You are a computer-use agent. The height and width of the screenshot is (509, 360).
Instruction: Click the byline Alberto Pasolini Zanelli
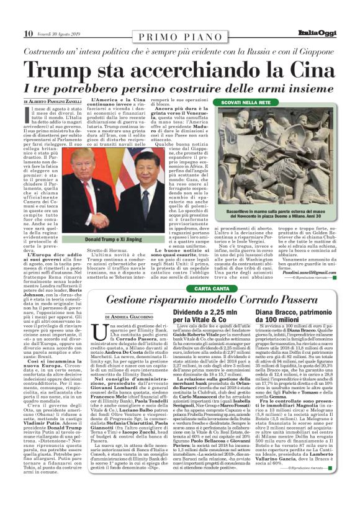[x=53, y=101]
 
